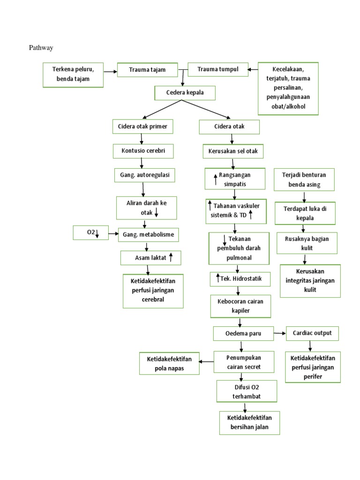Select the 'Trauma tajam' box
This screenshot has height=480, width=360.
coord(147,70)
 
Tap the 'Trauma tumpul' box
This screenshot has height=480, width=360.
coord(217,69)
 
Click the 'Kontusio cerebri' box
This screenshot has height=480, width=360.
coord(142,151)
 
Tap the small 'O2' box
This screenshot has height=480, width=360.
coord(90,232)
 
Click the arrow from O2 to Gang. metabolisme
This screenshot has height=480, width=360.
coord(112,233)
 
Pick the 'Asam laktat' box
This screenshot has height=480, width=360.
coord(150,257)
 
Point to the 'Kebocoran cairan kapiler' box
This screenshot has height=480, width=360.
coord(240,306)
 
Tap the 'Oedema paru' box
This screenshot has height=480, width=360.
coord(243,333)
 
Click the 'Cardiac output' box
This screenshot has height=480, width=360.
coord(312,333)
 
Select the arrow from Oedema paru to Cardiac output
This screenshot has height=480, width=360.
coord(280,333)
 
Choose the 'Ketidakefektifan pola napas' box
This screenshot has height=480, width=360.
coord(169,364)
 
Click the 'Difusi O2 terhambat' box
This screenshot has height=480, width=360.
coord(246,391)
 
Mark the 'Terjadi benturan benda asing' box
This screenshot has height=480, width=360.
coord(304,180)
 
